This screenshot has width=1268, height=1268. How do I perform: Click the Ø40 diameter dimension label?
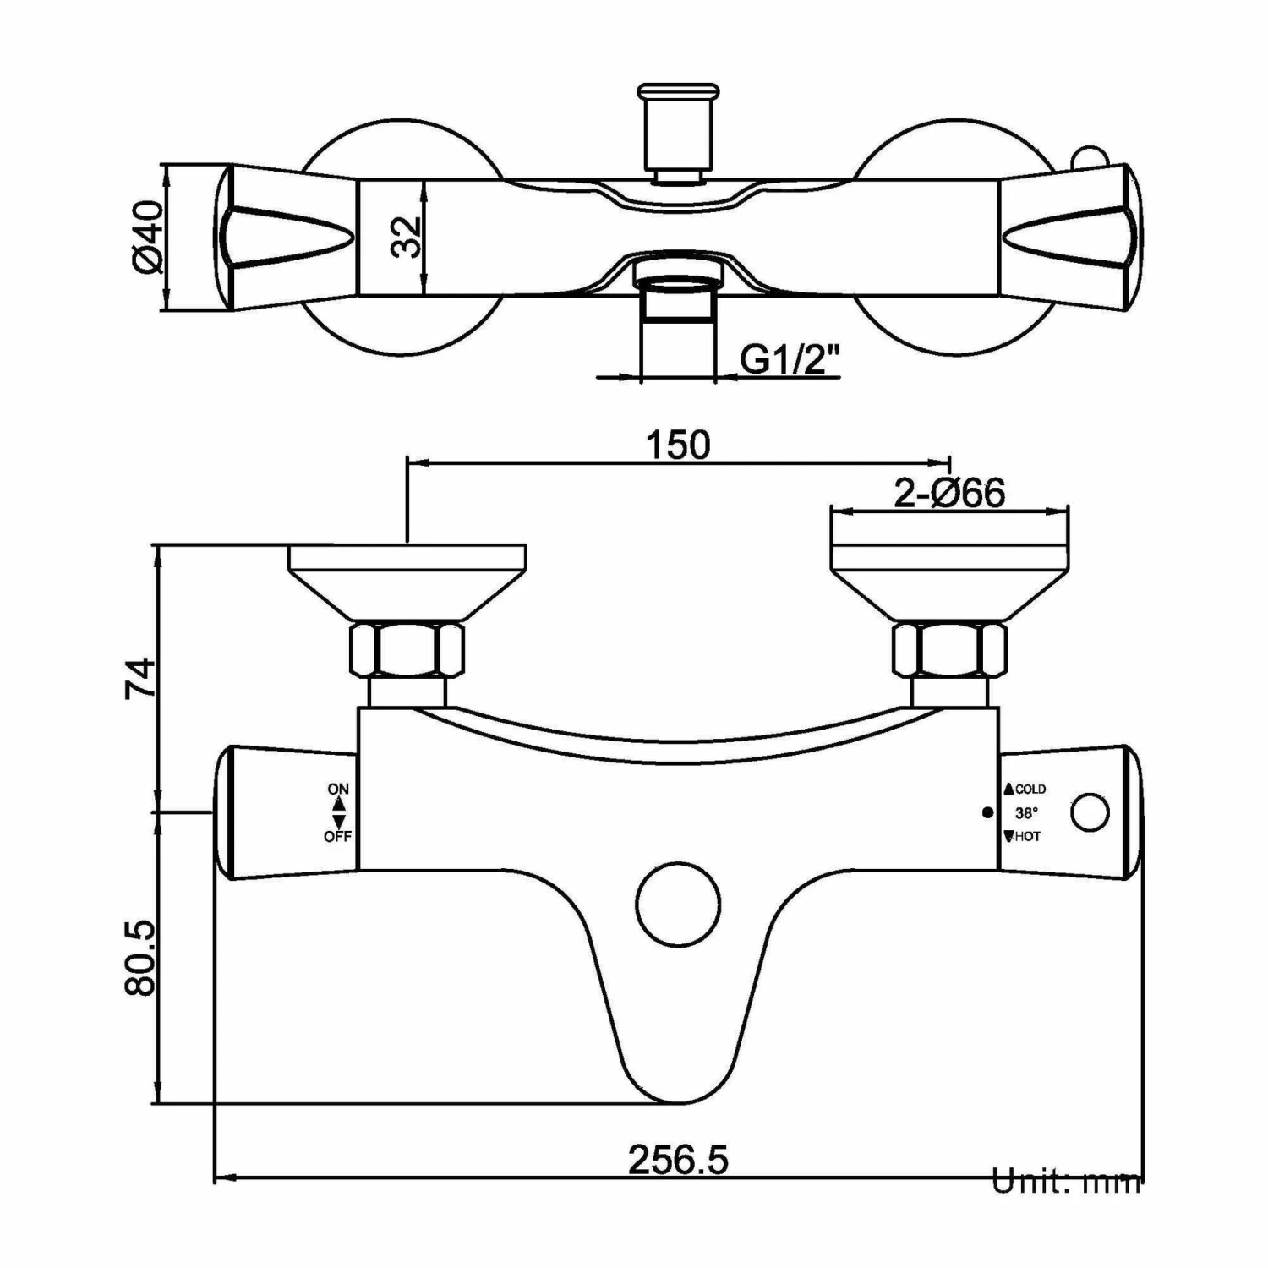click(147, 238)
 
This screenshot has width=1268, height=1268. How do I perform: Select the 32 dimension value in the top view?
click(406, 237)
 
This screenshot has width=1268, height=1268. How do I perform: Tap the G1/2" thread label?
click(790, 360)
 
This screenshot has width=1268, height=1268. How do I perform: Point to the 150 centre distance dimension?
click(678, 445)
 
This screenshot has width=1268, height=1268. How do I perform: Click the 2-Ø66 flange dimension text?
click(949, 493)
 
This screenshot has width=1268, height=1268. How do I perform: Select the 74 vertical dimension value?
click(140, 677)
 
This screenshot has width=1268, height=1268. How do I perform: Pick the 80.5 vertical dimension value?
click(140, 958)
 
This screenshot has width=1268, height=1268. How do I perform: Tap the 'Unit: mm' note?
click(1067, 1182)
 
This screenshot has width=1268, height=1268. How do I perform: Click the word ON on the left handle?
click(338, 789)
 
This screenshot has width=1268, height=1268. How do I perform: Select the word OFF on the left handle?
click(337, 837)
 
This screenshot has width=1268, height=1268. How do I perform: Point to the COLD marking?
click(1030, 789)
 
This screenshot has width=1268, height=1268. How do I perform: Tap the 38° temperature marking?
click(1026, 812)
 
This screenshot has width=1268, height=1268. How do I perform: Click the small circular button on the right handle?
click(1089, 812)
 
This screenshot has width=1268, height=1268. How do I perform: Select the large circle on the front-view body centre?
click(678, 904)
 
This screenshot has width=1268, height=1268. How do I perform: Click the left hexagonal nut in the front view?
click(407, 650)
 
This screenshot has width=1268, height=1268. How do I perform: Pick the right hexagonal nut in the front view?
click(950, 650)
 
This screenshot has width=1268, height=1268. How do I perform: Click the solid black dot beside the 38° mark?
click(987, 812)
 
